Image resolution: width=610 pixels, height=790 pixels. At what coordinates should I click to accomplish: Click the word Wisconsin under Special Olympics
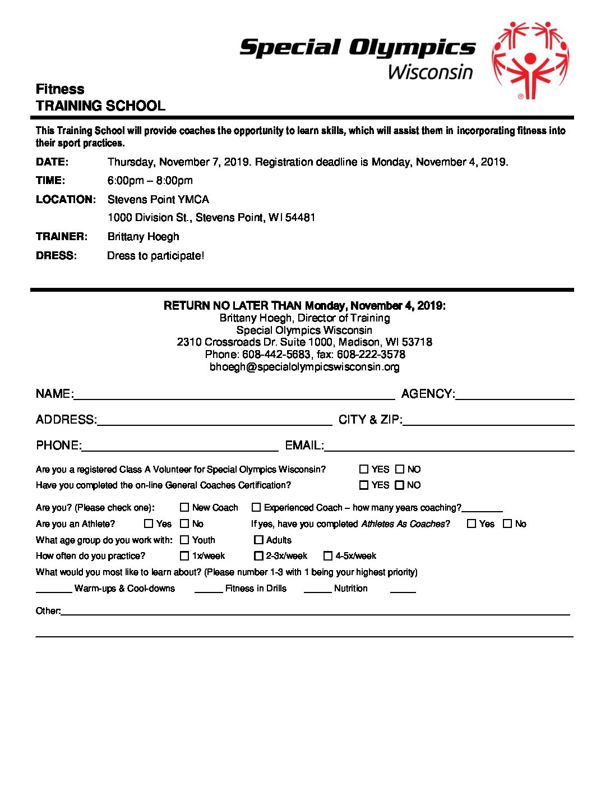pos(430,72)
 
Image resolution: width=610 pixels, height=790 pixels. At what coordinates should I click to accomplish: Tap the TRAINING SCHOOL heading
pos(100,106)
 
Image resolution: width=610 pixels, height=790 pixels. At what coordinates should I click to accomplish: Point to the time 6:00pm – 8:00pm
pos(150,181)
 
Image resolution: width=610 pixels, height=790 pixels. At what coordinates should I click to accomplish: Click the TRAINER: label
pos(62,237)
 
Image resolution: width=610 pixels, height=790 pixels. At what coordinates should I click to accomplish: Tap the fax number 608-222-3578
pos(371,355)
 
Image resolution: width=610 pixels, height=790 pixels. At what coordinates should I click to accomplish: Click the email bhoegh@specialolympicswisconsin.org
pos(304,367)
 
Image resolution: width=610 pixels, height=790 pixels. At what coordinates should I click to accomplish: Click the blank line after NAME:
pos(234,395)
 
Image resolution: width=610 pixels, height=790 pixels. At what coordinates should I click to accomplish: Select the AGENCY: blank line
pos(515,395)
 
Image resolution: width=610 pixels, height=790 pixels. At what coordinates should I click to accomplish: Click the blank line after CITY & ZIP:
pos(488,421)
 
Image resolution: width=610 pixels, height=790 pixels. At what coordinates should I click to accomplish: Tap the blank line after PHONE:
pos(180,447)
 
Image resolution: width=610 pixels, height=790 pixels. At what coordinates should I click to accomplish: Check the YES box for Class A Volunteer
pos(364,469)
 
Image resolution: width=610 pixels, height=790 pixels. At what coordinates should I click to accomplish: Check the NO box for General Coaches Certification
pos(400,485)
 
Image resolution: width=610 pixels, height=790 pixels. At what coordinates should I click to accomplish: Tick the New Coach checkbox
pos(184,507)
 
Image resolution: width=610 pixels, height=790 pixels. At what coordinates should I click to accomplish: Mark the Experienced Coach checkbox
pos(256,507)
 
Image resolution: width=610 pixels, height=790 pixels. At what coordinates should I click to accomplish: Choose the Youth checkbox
pos(184,540)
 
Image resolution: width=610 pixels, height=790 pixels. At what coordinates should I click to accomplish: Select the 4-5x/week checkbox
pos(328,556)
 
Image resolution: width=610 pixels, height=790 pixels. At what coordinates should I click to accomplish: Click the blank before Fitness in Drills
pos(209,589)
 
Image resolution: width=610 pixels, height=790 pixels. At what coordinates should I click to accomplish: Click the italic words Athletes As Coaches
pos(403,524)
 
